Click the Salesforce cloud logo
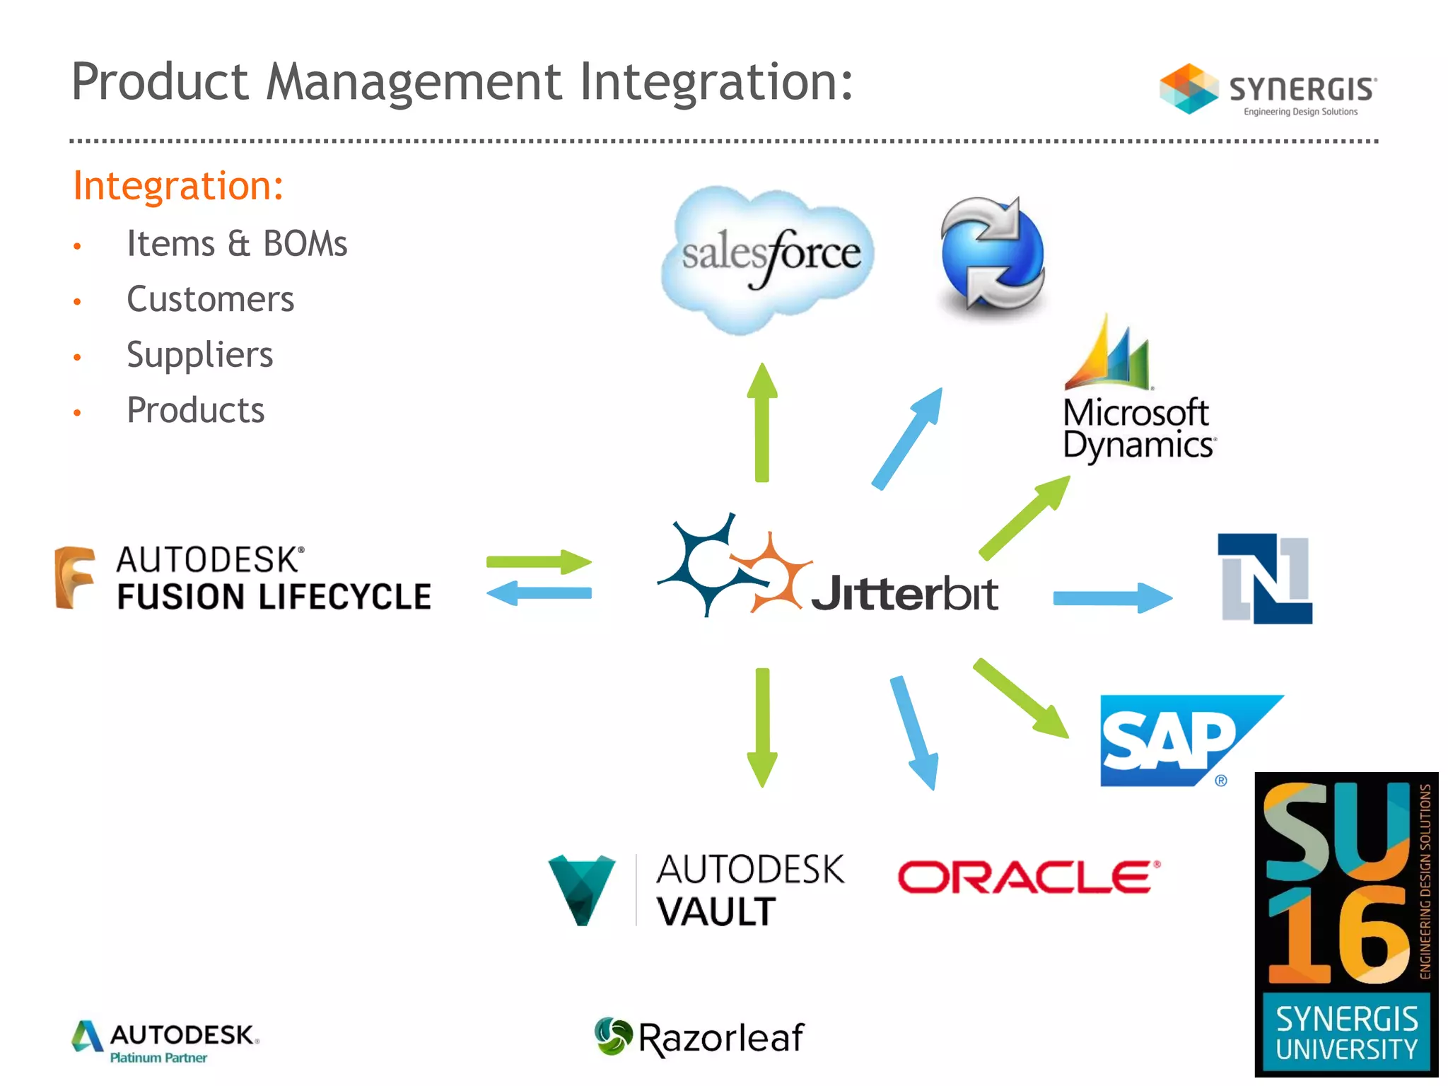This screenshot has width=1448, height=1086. point(768,259)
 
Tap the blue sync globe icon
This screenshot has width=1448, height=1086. point(993,255)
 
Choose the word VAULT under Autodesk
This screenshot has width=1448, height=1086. point(716,911)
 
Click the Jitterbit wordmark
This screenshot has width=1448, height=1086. point(904,593)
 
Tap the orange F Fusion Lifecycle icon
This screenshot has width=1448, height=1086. point(75,577)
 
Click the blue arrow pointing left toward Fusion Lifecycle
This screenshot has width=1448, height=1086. point(539,593)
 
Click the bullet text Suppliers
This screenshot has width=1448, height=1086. point(199,354)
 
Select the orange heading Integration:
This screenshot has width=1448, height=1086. point(178,186)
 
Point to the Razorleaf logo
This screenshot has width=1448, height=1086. point(699,1037)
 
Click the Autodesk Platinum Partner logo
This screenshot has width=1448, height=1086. point(165,1041)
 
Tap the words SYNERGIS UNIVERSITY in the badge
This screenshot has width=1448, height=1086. point(1346,1033)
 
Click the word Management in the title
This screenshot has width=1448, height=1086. point(414,82)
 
